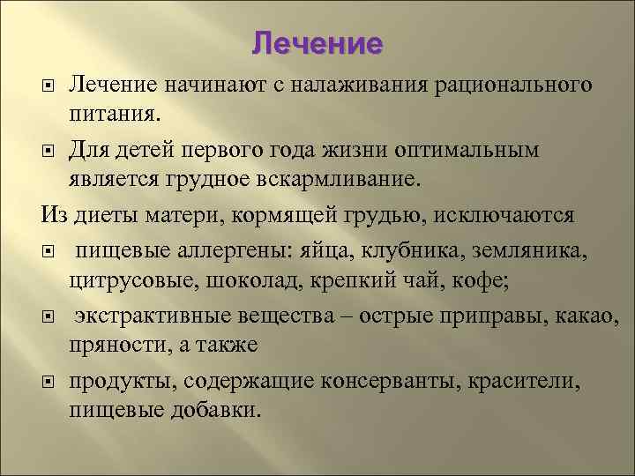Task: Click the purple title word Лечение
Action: click(x=317, y=43)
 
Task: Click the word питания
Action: click(x=112, y=114)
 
